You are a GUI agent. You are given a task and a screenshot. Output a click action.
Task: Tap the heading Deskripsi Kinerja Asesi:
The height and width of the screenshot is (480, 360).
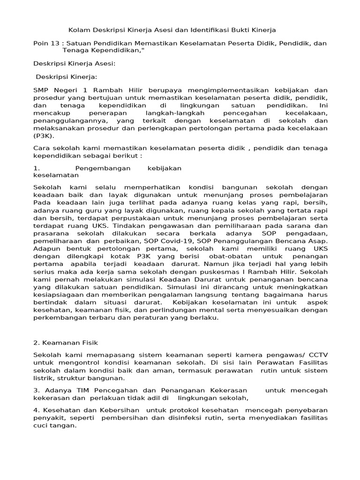pyautogui.click(x=74, y=63)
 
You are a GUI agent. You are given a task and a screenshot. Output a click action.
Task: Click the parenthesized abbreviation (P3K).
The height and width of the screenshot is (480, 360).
pyautogui.click(x=44, y=136)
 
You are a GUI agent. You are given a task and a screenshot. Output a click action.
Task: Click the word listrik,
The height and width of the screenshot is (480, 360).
pyautogui.click(x=44, y=378)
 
